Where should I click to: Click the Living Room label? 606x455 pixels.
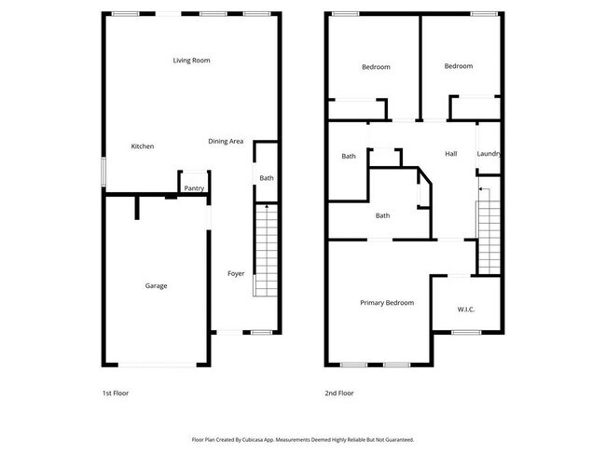191,61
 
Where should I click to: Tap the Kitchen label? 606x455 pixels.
143,146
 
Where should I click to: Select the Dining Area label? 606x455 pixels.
226,142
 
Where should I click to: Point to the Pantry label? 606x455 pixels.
194,189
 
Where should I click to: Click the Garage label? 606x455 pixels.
156,285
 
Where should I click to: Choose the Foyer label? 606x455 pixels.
237,273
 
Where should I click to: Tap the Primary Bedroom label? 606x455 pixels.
387,303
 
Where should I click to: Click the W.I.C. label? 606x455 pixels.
466,310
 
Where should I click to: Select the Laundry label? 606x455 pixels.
489,154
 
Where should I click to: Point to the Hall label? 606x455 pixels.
451,154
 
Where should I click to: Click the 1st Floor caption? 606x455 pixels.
116,393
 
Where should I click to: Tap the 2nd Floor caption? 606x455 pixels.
339,393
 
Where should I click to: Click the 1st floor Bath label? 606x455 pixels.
267,178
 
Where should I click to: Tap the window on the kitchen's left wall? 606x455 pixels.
103,173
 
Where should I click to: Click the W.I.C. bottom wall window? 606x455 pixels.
465,333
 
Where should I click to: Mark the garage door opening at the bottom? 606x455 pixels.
156,365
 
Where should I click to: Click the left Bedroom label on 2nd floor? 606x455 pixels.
376,67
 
